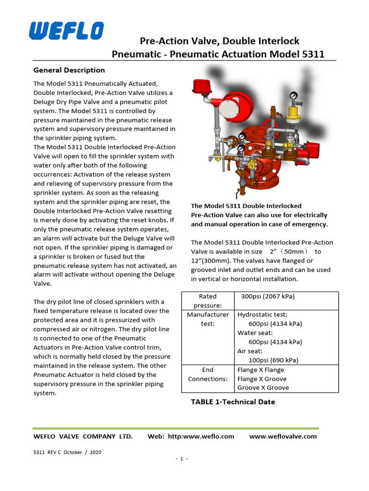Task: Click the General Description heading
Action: click(69, 70)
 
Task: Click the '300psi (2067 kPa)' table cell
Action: click(268, 296)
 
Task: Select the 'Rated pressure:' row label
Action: click(208, 301)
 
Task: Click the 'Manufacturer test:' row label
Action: click(208, 319)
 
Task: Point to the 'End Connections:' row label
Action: click(208, 374)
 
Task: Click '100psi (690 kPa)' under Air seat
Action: click(272, 360)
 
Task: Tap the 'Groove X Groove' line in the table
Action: click(263, 387)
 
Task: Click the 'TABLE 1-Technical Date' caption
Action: click(233, 402)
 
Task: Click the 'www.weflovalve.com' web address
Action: click(283, 436)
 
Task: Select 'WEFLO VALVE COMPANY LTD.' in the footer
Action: click(83, 436)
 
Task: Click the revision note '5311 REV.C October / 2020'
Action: click(67, 452)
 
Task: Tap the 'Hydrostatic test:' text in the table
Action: click(262, 315)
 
